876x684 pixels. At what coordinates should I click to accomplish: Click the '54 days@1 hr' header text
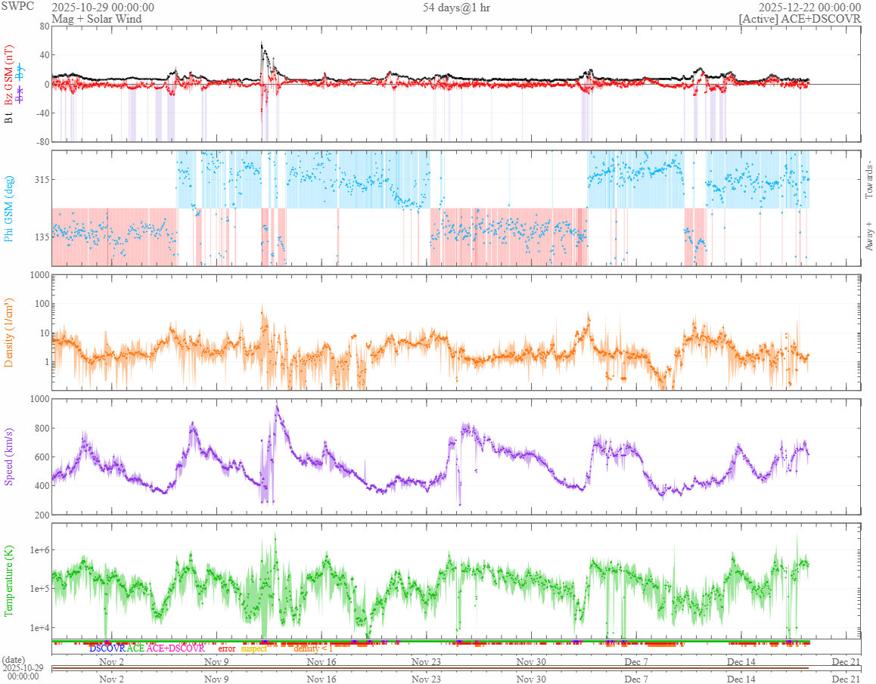click(x=456, y=8)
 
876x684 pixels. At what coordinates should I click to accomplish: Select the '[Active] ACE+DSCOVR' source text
click(x=800, y=19)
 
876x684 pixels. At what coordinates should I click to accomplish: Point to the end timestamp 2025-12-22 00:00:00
click(x=809, y=8)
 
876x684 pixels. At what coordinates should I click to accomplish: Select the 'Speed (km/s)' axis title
click(x=10, y=457)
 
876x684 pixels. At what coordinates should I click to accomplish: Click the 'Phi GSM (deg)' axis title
click(x=10, y=208)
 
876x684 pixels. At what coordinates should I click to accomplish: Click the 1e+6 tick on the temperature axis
click(x=36, y=549)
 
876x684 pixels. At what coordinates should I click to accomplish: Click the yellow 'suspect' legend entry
click(x=253, y=648)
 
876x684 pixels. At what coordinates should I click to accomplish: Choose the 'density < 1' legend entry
click(x=312, y=648)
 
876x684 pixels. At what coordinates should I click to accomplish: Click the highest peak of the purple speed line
click(x=277, y=407)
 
